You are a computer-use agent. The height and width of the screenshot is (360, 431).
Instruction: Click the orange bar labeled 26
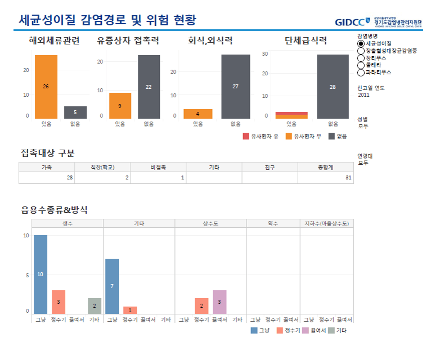(x=46, y=87)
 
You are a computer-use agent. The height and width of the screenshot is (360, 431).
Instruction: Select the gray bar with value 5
(x=75, y=112)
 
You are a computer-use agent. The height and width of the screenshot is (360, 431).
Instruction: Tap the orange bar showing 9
(x=120, y=106)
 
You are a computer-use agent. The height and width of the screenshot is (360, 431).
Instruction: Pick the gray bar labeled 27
(x=235, y=87)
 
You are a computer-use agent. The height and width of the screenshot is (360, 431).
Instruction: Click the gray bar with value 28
(x=333, y=87)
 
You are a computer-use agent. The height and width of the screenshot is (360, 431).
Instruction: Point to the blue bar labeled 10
(x=40, y=274)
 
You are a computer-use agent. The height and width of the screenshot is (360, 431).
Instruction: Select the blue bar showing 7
(x=112, y=286)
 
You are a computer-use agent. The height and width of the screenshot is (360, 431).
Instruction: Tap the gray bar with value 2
(x=95, y=305)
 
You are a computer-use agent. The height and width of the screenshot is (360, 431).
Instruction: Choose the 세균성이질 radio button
(x=361, y=43)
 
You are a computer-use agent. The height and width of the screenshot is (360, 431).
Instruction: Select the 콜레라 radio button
(x=361, y=65)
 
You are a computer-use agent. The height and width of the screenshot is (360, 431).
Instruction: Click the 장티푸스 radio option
(x=361, y=58)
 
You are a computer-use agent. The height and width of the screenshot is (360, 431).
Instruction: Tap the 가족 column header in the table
(x=47, y=167)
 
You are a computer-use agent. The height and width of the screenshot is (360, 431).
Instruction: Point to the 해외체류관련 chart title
(x=54, y=40)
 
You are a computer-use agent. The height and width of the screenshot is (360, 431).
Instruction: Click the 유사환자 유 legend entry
(x=260, y=136)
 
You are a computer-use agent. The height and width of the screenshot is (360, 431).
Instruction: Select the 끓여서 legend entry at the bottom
(x=316, y=330)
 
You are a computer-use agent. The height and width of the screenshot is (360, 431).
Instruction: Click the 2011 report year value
(x=364, y=95)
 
